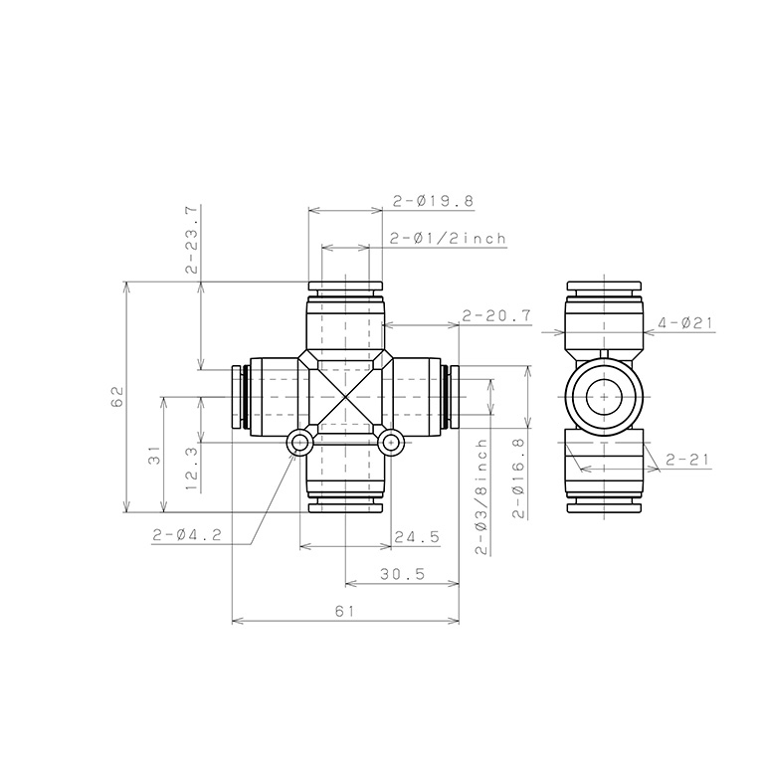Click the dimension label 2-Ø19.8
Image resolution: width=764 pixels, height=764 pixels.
point(433,201)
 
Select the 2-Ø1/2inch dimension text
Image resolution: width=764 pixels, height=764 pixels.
point(449,239)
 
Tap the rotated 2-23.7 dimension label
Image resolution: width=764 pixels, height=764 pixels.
point(192,239)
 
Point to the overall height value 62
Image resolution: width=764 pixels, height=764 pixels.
point(117,397)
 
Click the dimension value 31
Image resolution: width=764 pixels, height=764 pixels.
point(154,455)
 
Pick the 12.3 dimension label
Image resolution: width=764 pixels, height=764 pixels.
point(192,469)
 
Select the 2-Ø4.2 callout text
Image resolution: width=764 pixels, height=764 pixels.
point(187,535)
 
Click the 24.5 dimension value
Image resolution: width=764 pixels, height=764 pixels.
point(417,537)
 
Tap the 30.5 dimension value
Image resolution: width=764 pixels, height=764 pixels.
point(403,574)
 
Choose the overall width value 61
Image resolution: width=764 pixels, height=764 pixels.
point(345,611)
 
